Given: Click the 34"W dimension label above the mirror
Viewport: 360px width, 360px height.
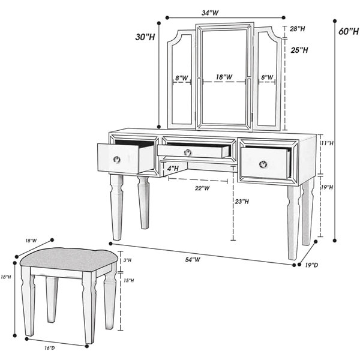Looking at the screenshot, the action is (210, 13).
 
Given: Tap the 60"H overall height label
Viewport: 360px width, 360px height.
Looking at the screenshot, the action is (349, 31).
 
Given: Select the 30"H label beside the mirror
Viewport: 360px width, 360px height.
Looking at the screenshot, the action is (145, 37).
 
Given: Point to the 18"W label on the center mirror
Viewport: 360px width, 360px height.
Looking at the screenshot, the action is (224, 77).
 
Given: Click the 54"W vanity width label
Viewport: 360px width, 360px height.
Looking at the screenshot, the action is (193, 259).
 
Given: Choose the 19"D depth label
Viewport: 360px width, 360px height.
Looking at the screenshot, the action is (311, 265).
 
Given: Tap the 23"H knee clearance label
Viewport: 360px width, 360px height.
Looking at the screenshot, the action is (242, 202).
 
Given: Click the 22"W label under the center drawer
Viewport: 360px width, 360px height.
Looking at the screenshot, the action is (202, 188).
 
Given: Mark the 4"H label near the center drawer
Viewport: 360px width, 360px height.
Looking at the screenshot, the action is (173, 169).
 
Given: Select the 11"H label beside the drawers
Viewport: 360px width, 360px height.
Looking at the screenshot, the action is (327, 143).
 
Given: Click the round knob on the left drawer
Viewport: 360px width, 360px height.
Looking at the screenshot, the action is (117, 160).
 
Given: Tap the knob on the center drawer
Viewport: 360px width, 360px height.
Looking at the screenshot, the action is (188, 152).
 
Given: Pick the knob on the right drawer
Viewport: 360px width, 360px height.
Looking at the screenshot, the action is (263, 164).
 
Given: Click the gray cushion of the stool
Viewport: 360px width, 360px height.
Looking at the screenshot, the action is (69, 260).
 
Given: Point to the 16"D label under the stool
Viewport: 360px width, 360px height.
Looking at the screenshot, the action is (50, 348).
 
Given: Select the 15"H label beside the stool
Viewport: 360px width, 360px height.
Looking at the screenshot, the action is (129, 281).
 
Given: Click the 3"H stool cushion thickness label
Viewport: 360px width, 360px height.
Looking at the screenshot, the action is (127, 260).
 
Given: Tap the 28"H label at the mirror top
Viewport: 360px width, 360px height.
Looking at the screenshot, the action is (298, 29).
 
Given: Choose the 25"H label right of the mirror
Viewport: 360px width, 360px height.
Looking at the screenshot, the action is (299, 50).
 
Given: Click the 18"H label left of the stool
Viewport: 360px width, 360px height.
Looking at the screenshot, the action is (6, 277).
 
